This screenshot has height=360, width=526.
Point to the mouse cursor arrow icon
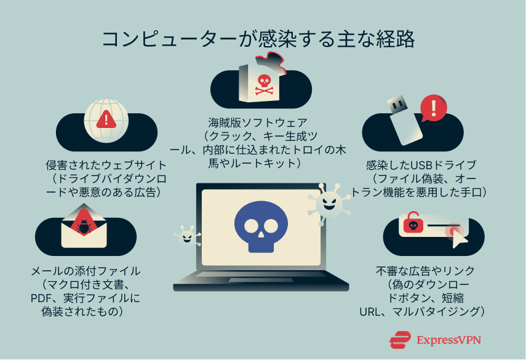(x=458, y=238)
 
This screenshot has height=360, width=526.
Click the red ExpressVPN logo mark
(x=400, y=340)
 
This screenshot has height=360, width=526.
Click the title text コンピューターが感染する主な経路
(x=258, y=39)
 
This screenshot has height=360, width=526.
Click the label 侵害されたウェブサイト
(x=105, y=166)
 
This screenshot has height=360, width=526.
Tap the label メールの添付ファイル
(x=86, y=271)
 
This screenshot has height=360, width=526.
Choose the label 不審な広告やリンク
(x=425, y=271)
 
